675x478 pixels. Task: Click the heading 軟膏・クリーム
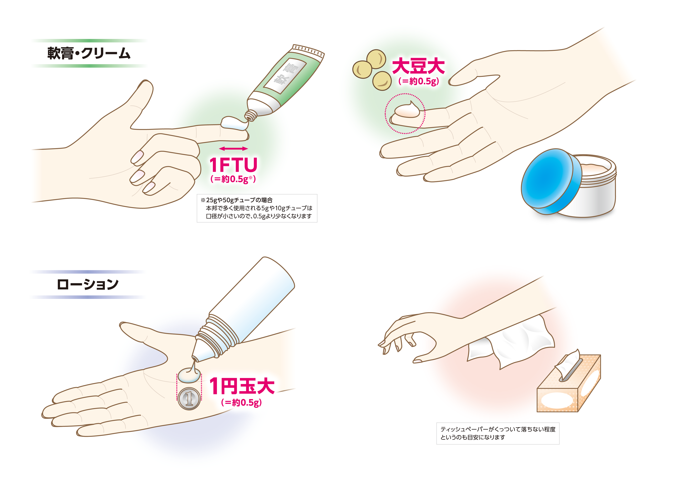click(89, 53)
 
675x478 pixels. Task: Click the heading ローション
click(87, 284)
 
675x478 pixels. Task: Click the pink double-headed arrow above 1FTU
click(233, 149)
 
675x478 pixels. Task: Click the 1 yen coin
click(189, 399)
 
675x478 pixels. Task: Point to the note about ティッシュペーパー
click(498, 434)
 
